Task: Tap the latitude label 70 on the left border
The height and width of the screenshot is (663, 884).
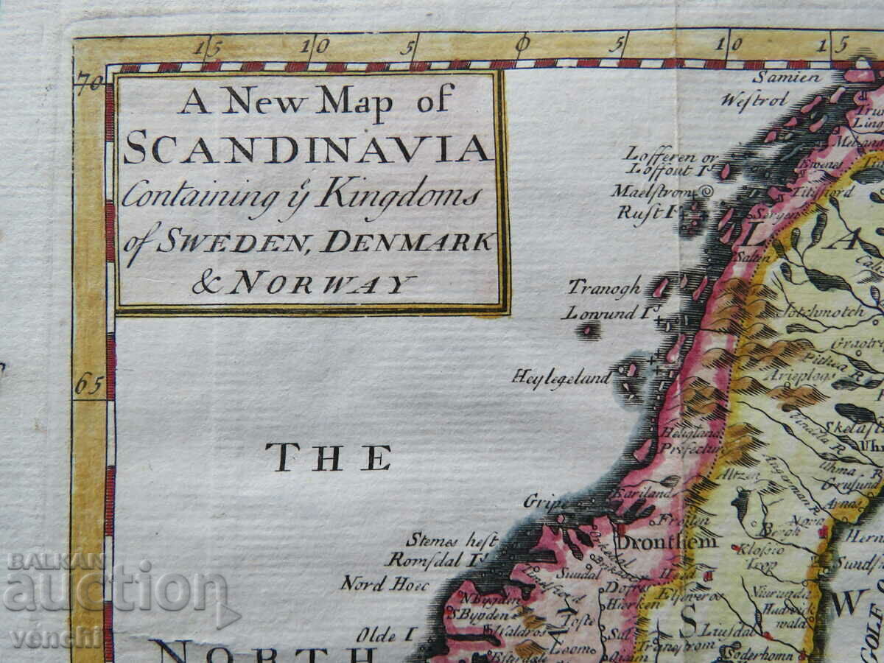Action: (89, 82)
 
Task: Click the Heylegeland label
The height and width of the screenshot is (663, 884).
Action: (562, 378)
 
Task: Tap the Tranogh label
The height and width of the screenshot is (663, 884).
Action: (604, 288)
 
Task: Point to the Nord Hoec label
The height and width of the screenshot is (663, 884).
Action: (373, 583)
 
